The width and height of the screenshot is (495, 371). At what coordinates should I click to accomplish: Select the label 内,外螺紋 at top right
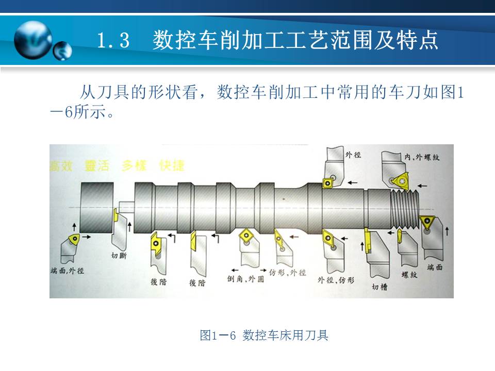coord(421,156)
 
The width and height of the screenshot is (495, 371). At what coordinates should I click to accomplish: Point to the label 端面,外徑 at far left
coord(68,271)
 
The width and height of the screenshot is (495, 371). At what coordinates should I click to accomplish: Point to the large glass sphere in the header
coord(33,40)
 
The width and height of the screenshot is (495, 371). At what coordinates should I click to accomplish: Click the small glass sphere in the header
coord(63,50)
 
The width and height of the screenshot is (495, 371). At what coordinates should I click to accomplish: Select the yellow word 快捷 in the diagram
coord(172,165)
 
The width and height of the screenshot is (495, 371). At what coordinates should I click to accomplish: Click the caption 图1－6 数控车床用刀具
coord(264,335)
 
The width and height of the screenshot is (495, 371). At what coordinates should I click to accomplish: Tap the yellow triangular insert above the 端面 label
coord(427,223)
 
